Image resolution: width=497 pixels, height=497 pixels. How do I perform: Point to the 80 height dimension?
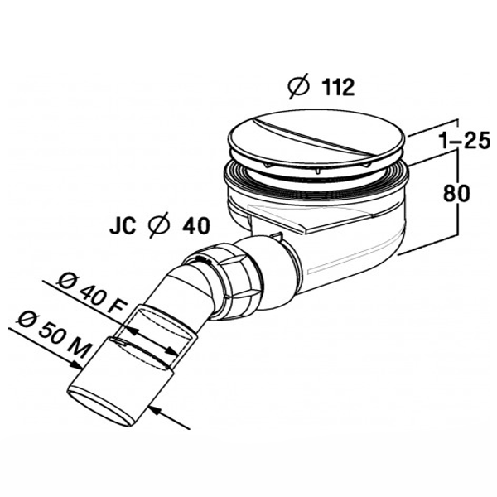457,194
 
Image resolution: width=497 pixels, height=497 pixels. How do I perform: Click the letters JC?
122,224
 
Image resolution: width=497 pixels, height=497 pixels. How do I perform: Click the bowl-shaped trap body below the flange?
348,248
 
